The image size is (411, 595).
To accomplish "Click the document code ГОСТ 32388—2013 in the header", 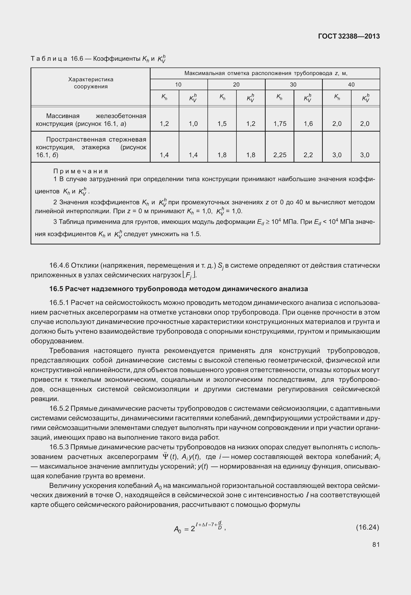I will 349,36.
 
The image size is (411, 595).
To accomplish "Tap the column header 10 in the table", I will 178,84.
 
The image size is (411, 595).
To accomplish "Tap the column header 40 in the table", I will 351,84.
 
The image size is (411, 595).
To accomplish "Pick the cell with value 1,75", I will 280,124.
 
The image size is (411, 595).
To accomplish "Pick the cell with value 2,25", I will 280,155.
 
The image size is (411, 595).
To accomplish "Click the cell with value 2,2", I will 308,155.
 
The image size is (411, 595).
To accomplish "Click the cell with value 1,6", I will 308,124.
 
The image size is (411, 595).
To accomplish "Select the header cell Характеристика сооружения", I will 91,83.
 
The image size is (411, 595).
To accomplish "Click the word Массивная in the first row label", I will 63,116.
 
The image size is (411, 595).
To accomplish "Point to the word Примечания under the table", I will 81,171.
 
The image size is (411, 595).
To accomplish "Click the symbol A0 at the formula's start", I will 177,529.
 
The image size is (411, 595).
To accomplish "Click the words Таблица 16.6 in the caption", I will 57,59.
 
